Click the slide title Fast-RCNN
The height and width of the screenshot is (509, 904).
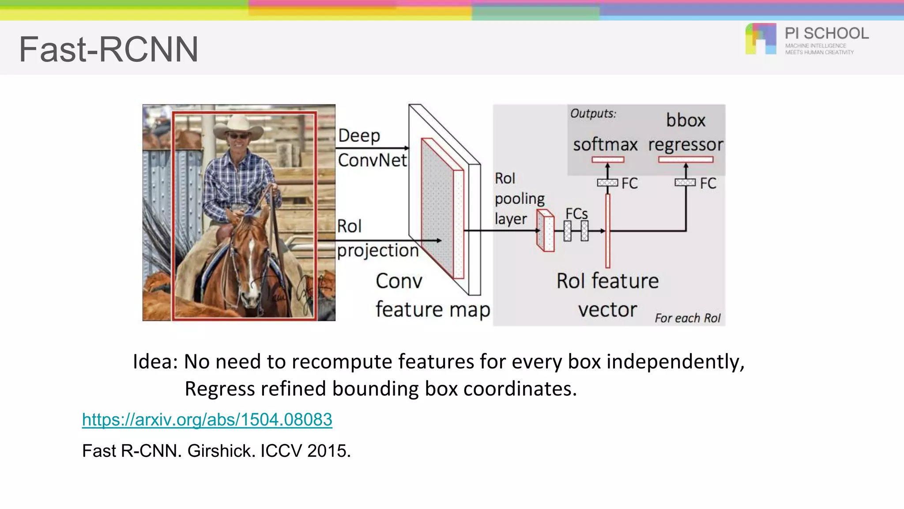pos(109,49)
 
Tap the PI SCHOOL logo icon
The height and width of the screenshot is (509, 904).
pos(761,39)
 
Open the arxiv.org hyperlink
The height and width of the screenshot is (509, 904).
pos(207,419)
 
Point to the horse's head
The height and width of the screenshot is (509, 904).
pos(250,256)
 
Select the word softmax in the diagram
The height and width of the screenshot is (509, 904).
pos(605,144)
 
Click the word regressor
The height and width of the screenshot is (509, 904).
pos(686,144)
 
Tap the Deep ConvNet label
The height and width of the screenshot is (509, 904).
pos(372,148)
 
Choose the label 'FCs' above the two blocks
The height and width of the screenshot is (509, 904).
pos(576,214)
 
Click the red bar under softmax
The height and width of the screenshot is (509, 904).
pos(608,160)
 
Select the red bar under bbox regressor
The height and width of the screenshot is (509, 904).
pos(686,160)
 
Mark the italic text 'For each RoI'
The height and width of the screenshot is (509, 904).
pos(687,318)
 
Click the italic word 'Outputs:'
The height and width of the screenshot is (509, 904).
pos(593,114)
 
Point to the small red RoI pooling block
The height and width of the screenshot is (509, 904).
pos(546,231)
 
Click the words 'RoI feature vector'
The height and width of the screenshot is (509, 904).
pos(607,295)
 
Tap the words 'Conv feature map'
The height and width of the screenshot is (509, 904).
pos(433,295)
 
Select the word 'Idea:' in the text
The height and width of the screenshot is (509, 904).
pos(155,361)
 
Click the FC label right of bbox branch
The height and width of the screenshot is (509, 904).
pos(708,183)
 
